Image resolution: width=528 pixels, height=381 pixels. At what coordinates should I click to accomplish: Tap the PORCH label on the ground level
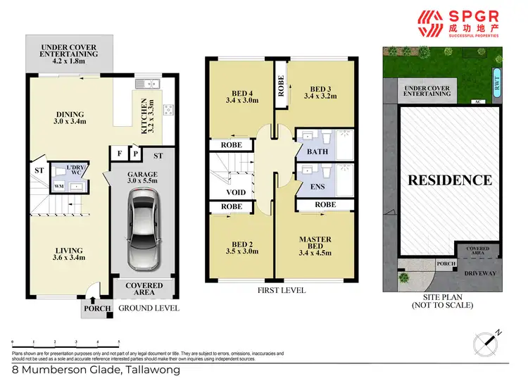coord(95,308)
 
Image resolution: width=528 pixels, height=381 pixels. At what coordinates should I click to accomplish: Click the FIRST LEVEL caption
coord(282,289)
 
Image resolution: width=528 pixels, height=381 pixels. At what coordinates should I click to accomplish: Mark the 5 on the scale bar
coord(119,340)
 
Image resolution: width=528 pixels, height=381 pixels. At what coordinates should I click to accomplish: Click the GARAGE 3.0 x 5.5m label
coord(143,177)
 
